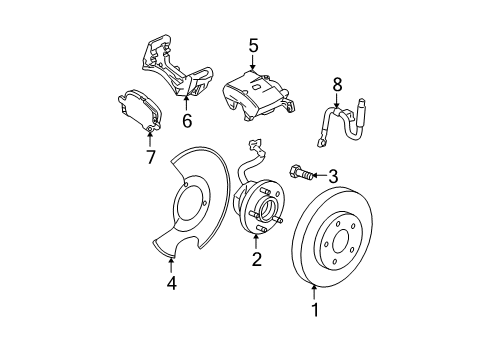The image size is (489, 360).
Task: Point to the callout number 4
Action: click(172, 283)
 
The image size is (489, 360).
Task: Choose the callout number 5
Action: click(253, 45)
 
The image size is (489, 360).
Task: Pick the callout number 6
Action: click(186, 121)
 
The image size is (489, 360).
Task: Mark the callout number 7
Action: click(151, 156)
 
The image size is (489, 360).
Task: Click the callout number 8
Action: click(337, 85)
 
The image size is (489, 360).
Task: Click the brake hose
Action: click(345, 119)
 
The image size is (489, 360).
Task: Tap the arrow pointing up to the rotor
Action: click(317, 291)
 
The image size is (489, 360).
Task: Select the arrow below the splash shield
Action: click(172, 264)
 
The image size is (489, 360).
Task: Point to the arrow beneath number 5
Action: click(253, 64)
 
